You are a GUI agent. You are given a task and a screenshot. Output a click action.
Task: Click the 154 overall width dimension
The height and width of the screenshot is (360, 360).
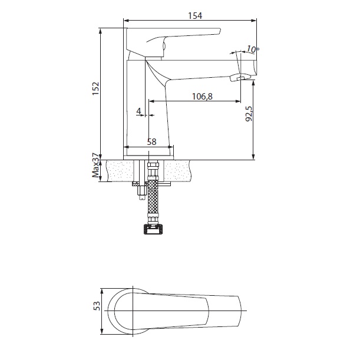pos(195,15)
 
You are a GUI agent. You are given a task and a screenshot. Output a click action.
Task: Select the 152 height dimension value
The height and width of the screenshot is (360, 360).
pos(95,88)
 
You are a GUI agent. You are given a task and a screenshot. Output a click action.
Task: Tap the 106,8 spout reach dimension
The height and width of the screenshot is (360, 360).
pos(202,97)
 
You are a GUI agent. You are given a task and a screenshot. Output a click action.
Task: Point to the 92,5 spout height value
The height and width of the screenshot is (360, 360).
pos(249,114)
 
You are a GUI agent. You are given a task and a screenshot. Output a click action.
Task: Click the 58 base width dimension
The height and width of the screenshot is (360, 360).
pos(151,141)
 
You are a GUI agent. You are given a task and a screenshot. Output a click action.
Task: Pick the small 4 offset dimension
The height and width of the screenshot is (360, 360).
pos(138,111)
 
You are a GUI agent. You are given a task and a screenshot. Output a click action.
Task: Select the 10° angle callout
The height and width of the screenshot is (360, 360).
pos(253,49)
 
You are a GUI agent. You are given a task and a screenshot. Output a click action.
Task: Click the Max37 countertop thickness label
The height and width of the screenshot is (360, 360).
pos(97,166)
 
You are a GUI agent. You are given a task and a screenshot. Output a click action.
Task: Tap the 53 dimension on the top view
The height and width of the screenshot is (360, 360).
pos(97,306)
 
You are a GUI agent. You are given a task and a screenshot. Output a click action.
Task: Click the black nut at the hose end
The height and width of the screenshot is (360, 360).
pos(153,229)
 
